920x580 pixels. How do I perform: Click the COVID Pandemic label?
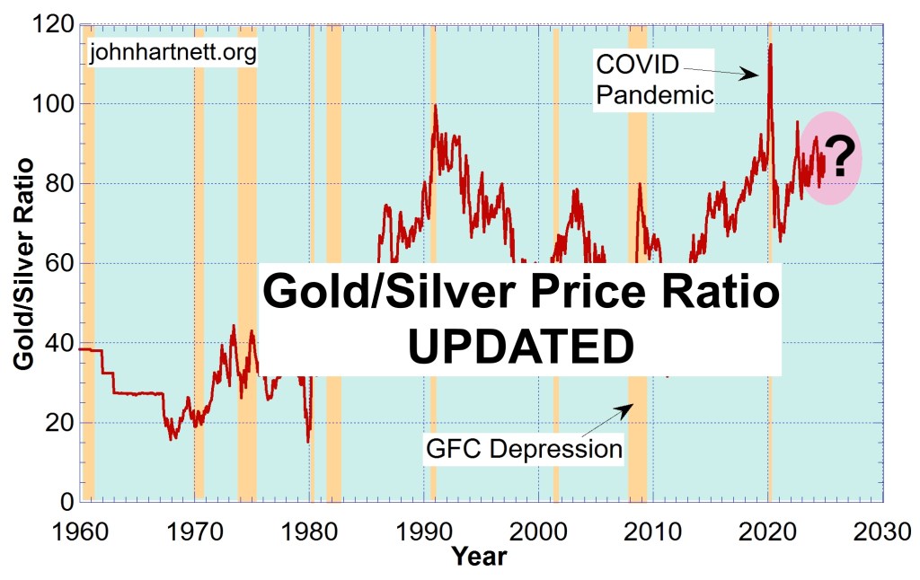(654, 79)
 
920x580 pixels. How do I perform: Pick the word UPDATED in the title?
(520, 346)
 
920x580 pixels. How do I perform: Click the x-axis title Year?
(479, 556)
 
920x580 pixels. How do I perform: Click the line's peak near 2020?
(770, 44)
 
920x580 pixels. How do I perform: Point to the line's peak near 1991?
(436, 105)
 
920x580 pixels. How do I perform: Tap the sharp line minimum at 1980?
(308, 442)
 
